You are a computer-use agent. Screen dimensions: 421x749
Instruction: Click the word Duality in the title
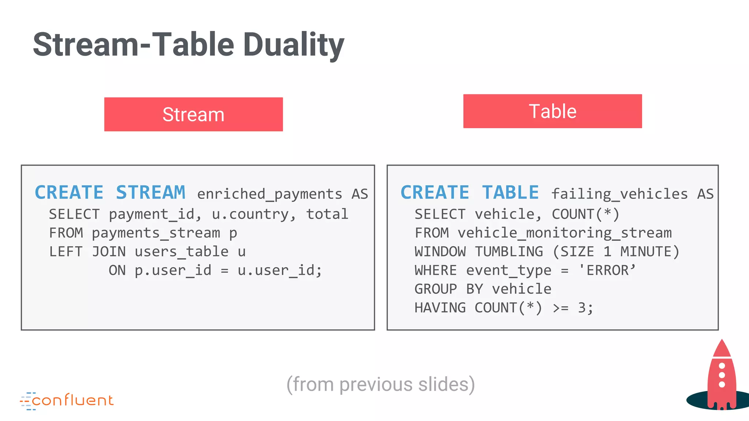point(293,45)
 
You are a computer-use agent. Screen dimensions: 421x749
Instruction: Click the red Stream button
point(193,114)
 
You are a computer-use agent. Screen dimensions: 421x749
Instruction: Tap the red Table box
point(552,111)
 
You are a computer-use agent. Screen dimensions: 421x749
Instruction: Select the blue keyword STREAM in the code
point(151,193)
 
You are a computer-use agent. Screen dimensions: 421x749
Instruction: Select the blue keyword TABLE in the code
point(510,193)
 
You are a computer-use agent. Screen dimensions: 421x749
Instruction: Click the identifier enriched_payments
point(270,194)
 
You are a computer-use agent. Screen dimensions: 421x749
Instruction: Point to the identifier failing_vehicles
point(620,194)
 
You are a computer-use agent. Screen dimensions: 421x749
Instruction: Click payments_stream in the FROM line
point(156,233)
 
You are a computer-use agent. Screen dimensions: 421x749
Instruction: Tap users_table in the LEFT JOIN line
point(181,252)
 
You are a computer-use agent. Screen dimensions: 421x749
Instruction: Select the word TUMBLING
point(509,252)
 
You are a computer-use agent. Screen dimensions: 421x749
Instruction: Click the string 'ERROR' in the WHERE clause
point(607,270)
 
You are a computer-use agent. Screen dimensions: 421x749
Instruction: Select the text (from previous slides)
point(380,384)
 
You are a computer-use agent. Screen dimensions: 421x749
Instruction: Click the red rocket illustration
point(721,376)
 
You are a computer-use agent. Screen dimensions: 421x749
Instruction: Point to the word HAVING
point(440,308)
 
